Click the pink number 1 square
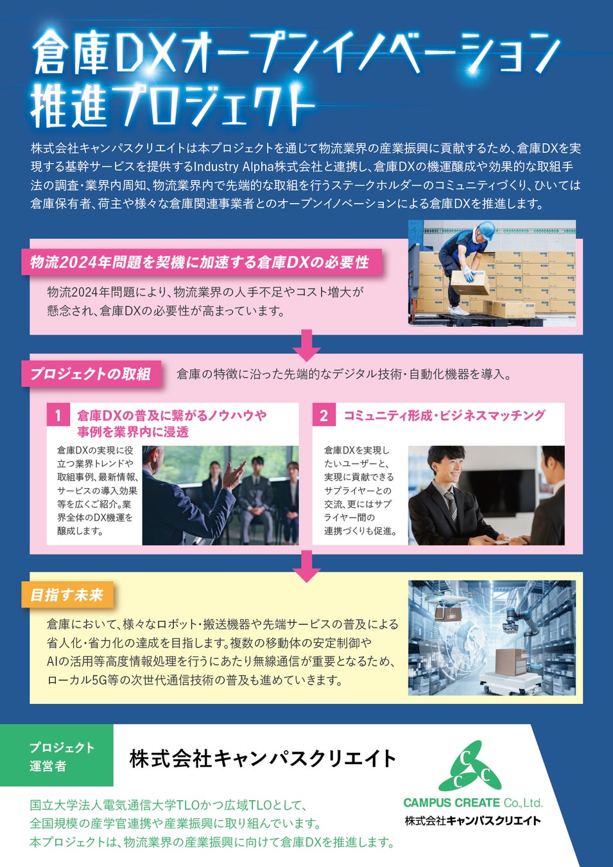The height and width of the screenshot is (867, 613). [x=58, y=416]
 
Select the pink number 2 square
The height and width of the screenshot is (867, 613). [x=324, y=416]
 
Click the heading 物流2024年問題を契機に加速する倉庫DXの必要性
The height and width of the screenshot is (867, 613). [x=200, y=262]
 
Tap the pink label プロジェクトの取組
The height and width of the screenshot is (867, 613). [x=91, y=374]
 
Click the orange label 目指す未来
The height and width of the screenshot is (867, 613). [x=67, y=595]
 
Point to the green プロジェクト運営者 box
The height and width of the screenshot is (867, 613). [x=57, y=756]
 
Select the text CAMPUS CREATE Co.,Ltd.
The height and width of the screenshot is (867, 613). [x=472, y=802]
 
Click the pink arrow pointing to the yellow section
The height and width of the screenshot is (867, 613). [x=306, y=565]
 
